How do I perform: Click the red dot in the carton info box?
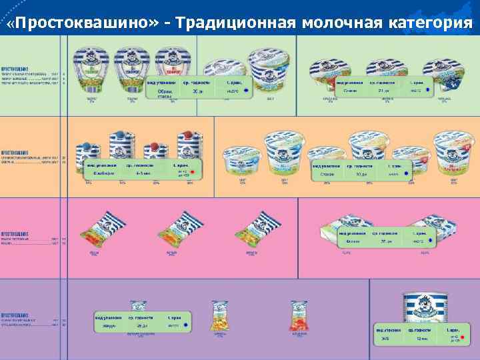pos(193,173)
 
